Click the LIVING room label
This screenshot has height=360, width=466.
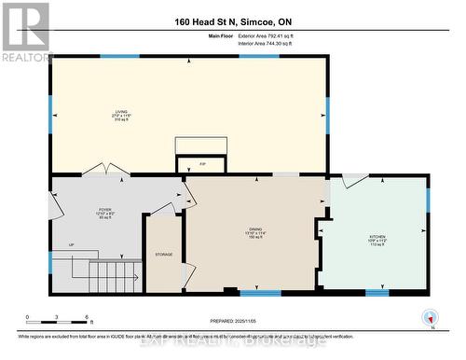click(122, 116)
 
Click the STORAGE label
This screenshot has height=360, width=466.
click(164, 254)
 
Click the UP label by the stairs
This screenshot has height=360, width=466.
click(71, 245)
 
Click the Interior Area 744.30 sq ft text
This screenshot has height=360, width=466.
click(265, 43)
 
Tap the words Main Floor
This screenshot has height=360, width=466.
click(220, 35)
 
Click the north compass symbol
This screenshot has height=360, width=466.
click(429, 317)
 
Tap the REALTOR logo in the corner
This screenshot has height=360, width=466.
click(25, 32)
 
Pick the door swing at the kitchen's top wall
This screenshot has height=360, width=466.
click(355, 180)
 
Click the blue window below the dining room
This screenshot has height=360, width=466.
click(260, 293)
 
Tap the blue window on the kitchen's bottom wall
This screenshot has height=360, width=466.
click(377, 293)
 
